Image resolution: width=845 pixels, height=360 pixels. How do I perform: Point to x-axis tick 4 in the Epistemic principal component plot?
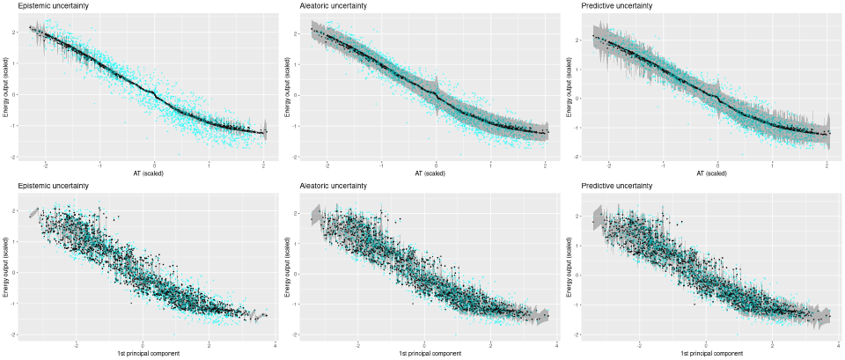point(276,344)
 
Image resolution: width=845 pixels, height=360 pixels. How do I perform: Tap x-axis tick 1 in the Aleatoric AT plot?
point(490,164)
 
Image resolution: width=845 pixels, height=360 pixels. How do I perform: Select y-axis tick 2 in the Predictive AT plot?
point(584,40)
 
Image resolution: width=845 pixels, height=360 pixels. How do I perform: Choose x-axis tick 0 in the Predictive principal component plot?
point(706,344)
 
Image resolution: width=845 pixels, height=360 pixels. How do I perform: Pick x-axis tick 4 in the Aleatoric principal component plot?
point(557,344)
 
